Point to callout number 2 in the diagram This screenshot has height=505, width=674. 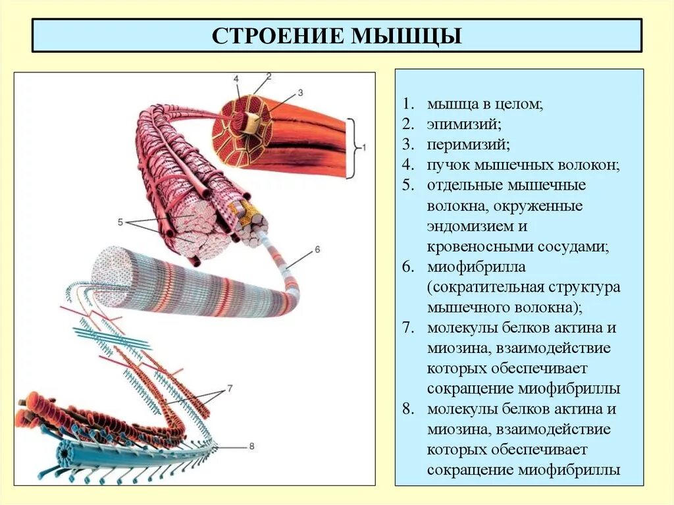pos(269,76)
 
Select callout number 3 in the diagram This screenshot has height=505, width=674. pos(299,92)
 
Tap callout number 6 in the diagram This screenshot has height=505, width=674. pos(317,249)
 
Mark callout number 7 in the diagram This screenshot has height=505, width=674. pos(230,388)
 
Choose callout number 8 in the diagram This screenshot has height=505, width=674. pos(251,446)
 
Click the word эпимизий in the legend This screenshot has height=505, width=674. pos(455,124)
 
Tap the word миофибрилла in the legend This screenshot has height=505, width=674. pos(468,267)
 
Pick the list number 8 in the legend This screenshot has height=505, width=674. pos(409,409)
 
